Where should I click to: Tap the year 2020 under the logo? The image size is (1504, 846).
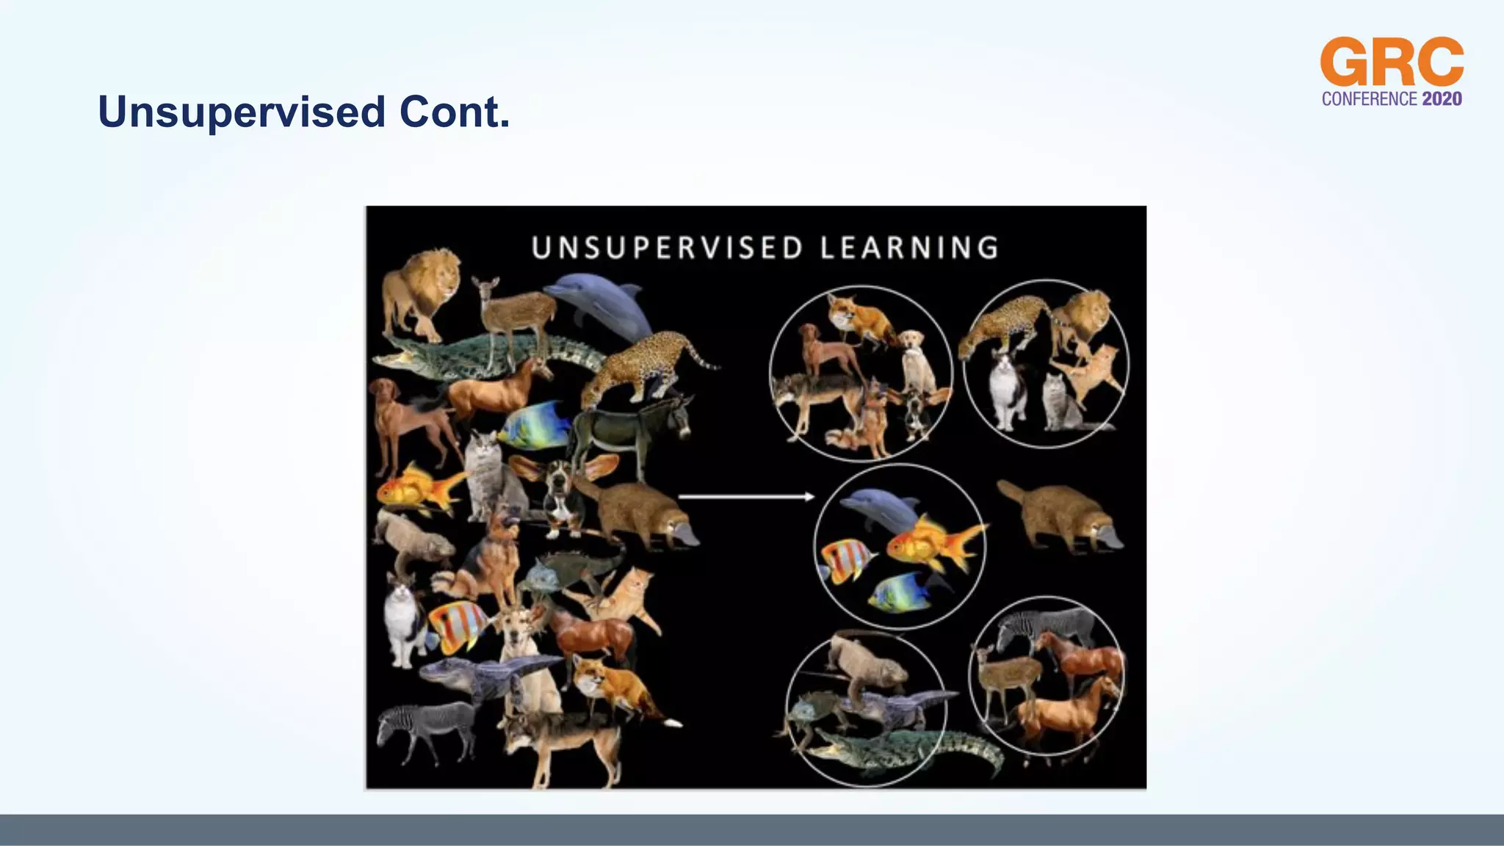point(1442,99)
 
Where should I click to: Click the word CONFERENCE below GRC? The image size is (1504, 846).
point(1370,99)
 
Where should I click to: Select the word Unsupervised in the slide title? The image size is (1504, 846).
point(242,112)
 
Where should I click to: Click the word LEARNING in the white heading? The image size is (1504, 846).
point(909,248)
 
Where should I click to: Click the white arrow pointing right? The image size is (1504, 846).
point(745,497)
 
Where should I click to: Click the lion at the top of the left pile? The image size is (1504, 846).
point(421,290)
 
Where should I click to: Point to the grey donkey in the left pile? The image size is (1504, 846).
point(632,433)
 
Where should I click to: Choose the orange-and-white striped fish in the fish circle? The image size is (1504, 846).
point(846,561)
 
